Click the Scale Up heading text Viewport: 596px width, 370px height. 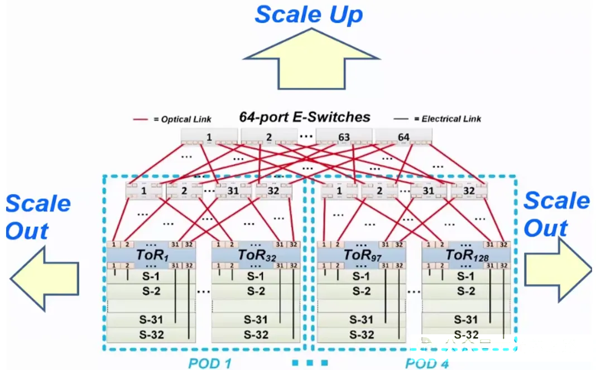309,15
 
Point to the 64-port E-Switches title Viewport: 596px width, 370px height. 305,117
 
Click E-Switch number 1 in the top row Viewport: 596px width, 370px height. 209,137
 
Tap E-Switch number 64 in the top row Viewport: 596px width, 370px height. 403,137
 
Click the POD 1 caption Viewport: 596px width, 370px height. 209,363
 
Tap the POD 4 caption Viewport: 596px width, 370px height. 427,363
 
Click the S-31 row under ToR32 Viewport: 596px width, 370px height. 256,320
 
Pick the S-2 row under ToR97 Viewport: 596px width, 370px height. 361,291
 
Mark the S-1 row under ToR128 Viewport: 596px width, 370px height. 465,276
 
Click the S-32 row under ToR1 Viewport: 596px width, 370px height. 151,335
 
